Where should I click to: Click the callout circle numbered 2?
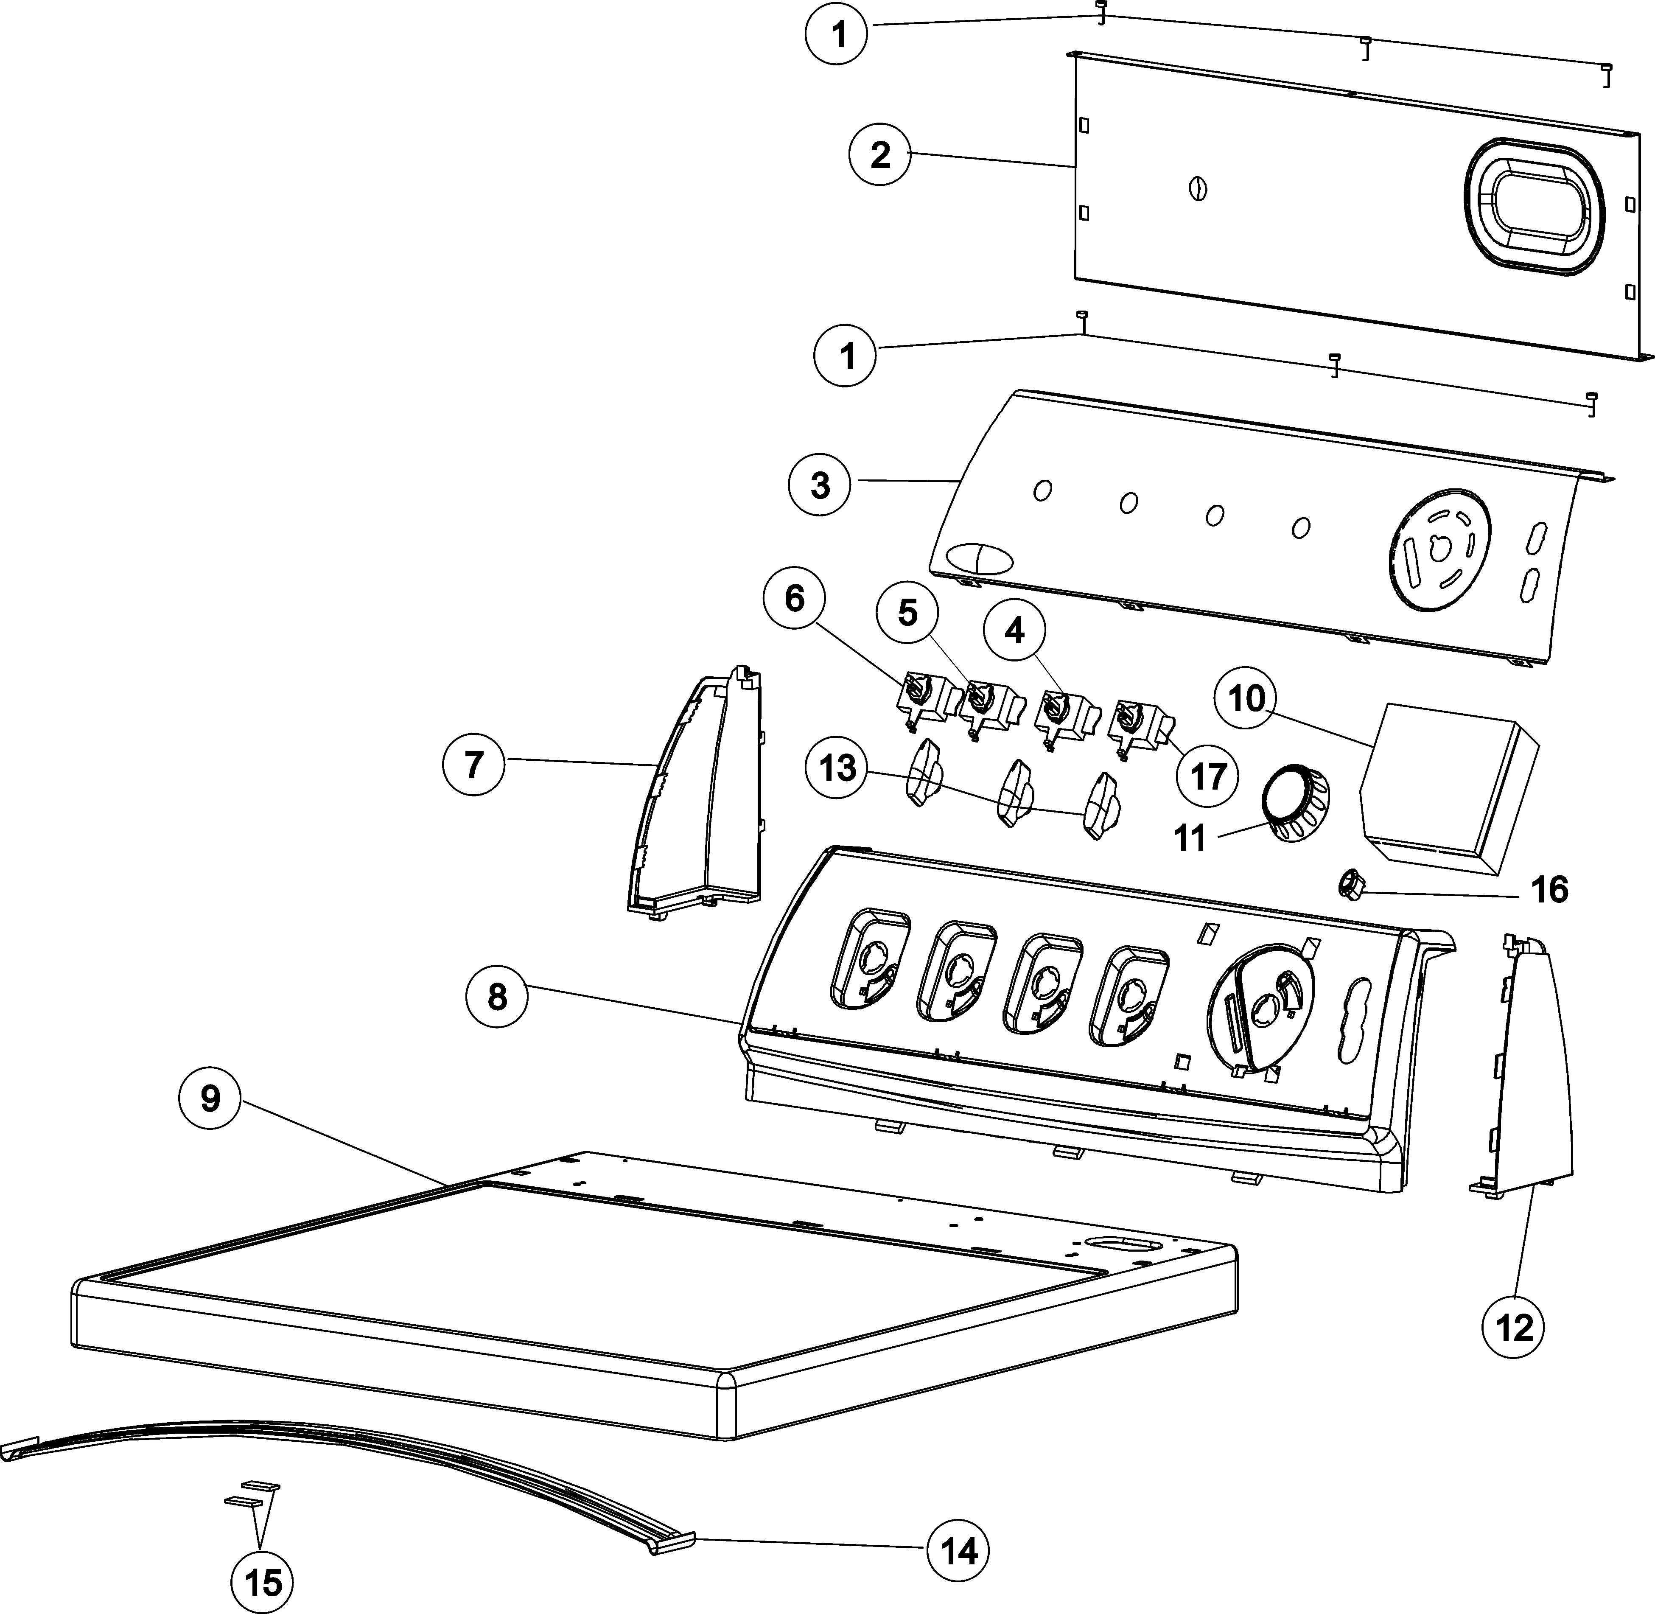tap(880, 155)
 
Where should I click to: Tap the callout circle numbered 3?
tap(820, 486)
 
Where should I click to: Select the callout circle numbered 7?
tap(474, 765)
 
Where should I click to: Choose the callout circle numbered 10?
tap(1245, 699)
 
